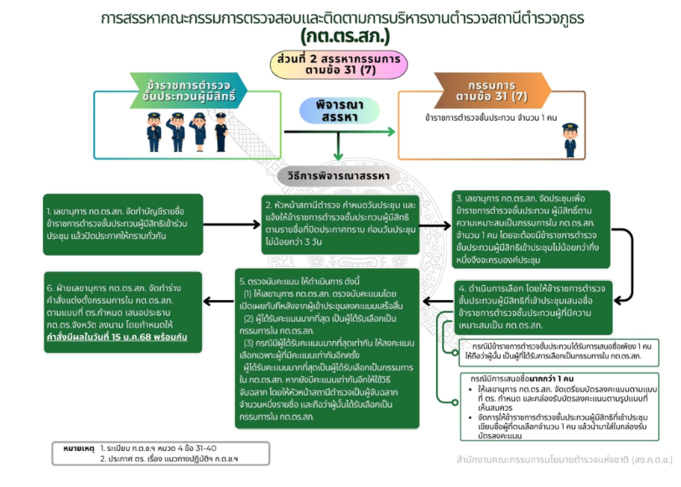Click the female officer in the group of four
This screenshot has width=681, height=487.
point(199,132)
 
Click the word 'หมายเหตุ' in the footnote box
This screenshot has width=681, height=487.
point(73,449)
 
